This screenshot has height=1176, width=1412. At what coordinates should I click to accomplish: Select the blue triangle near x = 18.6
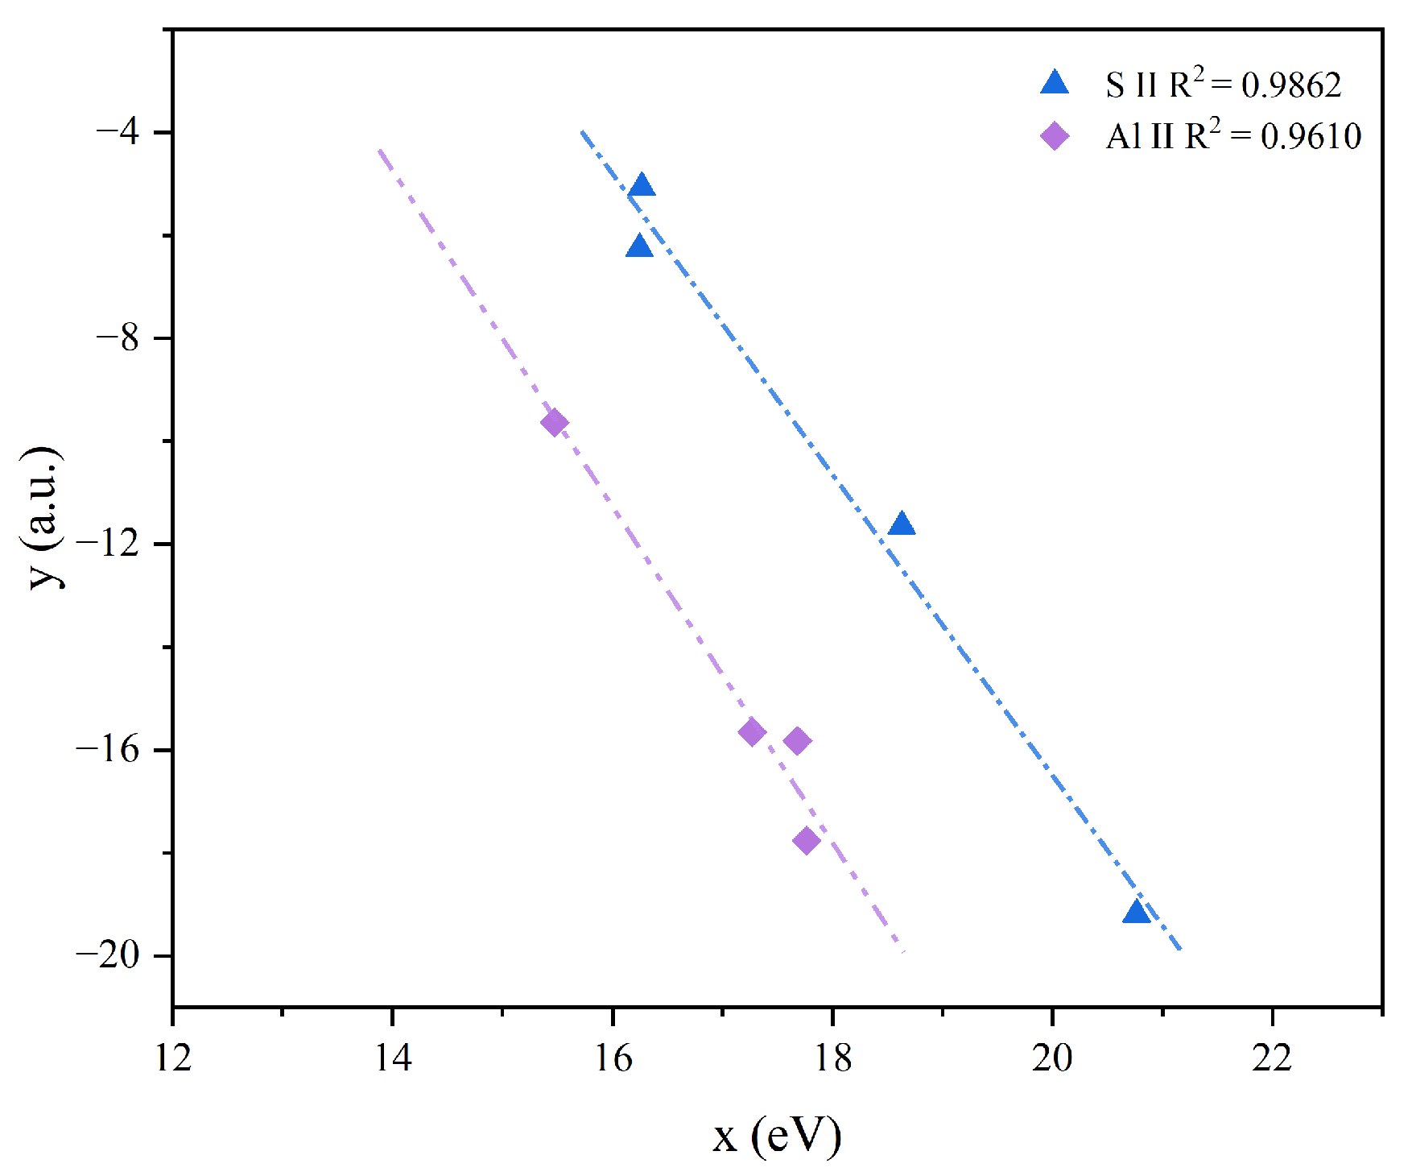(x=902, y=524)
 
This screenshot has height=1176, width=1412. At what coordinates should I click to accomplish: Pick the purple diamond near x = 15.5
(x=554, y=422)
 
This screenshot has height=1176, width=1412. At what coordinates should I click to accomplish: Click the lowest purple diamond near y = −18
(x=806, y=841)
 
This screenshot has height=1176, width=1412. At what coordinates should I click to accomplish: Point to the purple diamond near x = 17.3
(x=752, y=732)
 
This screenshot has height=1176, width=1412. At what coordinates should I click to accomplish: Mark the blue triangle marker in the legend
(x=1055, y=84)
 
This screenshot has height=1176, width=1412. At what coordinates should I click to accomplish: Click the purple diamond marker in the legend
(x=1055, y=135)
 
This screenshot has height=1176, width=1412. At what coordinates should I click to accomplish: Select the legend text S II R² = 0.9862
(x=1223, y=84)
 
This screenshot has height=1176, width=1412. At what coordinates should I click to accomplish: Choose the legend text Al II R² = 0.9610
(x=1232, y=135)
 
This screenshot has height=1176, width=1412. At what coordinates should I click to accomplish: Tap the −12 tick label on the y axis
(x=108, y=544)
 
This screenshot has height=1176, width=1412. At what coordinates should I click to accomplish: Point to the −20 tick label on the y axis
(x=108, y=955)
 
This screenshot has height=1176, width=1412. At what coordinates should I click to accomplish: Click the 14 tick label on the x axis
(x=393, y=1058)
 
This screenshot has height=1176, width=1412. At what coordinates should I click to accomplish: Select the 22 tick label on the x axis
(x=1272, y=1058)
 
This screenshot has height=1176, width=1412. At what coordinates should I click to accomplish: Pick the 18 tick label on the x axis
(x=832, y=1058)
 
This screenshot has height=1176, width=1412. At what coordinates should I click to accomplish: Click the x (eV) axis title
(x=777, y=1137)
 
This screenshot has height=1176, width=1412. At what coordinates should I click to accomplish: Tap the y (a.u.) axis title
(x=42, y=517)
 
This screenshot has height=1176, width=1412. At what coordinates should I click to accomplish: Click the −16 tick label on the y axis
(x=108, y=749)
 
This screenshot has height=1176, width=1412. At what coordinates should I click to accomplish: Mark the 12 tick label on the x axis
(x=173, y=1058)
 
